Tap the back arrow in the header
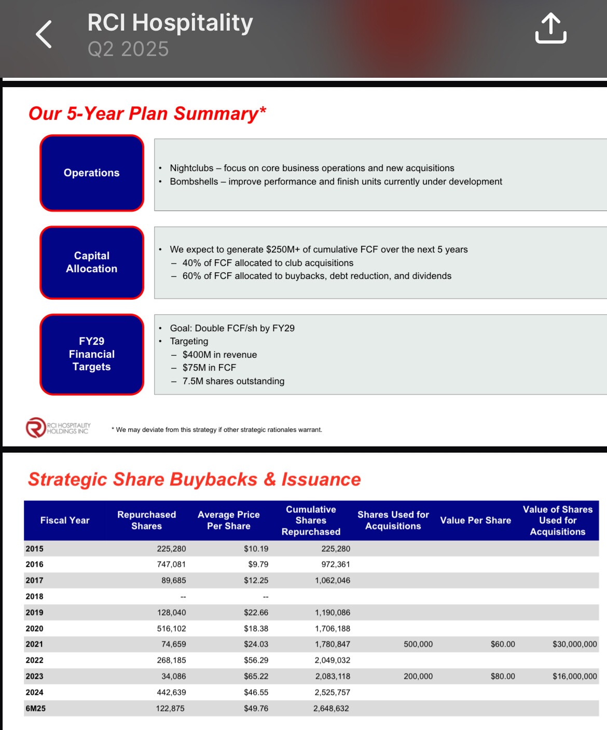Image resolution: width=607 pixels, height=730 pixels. (x=44, y=34)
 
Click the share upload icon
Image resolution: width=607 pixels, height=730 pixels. (x=550, y=28)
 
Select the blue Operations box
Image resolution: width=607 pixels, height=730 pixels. (x=92, y=173)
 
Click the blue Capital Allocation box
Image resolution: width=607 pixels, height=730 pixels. (x=92, y=262)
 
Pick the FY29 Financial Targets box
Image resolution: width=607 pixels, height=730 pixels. (x=92, y=354)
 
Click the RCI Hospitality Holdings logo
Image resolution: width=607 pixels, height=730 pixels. (x=58, y=428)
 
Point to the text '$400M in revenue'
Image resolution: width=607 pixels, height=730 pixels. (x=219, y=355)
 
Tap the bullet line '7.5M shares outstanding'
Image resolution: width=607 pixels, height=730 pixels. (x=233, y=381)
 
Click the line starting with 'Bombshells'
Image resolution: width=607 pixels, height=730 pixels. (x=336, y=181)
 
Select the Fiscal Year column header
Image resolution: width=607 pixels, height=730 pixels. (x=65, y=520)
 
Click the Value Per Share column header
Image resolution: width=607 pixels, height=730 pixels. (x=475, y=520)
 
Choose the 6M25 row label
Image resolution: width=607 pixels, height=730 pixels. (x=35, y=708)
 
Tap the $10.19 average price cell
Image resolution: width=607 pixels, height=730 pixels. (x=256, y=549)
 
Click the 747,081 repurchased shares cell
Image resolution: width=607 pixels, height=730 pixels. (x=171, y=564)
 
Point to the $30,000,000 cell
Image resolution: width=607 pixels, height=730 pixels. (x=575, y=644)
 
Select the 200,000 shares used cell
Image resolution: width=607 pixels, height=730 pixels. (x=418, y=676)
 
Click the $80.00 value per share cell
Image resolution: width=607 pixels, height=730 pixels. (x=503, y=676)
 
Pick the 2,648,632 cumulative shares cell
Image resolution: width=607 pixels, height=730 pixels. (x=331, y=708)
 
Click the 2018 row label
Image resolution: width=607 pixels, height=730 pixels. (x=34, y=596)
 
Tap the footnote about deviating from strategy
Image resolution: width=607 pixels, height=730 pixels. (x=216, y=430)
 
